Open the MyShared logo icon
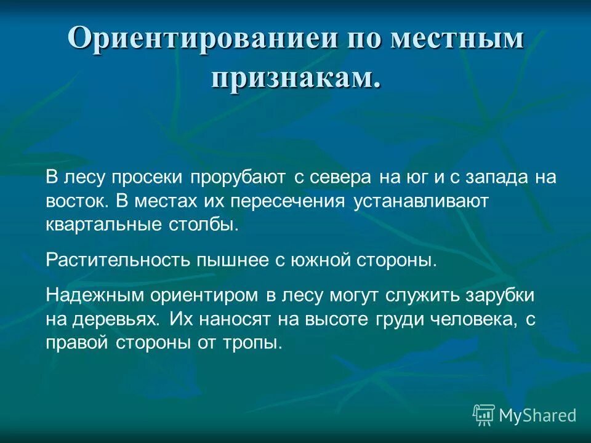tap(484, 415)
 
